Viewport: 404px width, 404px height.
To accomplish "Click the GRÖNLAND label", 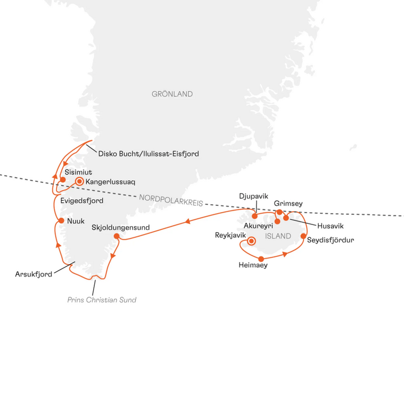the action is (x=172, y=94).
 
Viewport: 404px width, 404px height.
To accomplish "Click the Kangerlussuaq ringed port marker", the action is (x=80, y=181).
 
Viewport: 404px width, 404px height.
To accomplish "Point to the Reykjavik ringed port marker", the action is (x=251, y=241).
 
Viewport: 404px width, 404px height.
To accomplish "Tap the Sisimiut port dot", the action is (x=63, y=180).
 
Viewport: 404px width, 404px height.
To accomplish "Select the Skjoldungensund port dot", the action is (x=117, y=236).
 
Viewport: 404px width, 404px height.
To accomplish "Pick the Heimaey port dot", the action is (x=262, y=259).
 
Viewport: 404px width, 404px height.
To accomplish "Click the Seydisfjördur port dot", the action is (x=304, y=236).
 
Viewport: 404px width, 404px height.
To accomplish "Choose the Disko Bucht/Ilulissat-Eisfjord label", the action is (x=148, y=153).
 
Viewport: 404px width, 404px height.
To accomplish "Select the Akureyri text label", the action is (x=258, y=226).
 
